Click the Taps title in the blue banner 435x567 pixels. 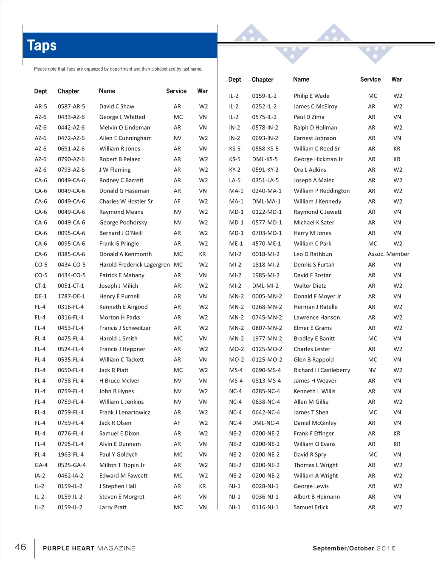(x=42, y=45)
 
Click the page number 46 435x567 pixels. (x=20, y=547)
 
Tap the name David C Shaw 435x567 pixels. (x=117, y=107)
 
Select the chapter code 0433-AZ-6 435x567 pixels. (x=71, y=117)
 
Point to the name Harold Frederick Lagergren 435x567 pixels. (x=134, y=265)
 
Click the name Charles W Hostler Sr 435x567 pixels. (x=126, y=201)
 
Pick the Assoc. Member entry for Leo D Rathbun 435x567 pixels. (x=388, y=254)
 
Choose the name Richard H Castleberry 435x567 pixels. (x=322, y=370)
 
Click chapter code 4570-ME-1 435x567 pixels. (x=266, y=244)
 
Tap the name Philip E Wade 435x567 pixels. (x=311, y=96)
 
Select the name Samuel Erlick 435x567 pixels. (x=311, y=507)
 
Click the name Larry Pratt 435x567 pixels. (x=113, y=507)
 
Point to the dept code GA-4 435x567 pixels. (x=41, y=465)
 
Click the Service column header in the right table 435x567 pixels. (x=370, y=79)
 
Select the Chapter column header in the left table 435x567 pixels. (x=68, y=91)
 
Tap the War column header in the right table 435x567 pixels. (x=396, y=79)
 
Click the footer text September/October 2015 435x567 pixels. (x=354, y=548)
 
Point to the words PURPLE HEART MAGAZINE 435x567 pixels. (x=89, y=548)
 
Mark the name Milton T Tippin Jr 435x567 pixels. (x=122, y=465)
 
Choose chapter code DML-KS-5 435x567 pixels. (x=265, y=159)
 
